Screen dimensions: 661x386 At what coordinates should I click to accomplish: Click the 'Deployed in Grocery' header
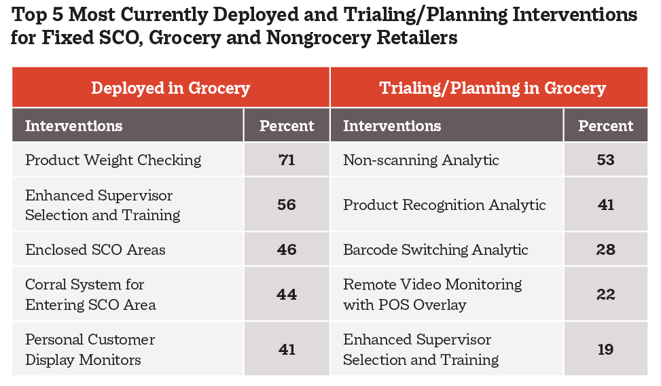[x=171, y=88]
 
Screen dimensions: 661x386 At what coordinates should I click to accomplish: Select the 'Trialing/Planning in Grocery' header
[x=493, y=88]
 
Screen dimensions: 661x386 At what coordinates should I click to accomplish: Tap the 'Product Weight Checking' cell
[x=113, y=160]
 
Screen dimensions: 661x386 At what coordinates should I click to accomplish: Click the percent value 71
[x=287, y=160]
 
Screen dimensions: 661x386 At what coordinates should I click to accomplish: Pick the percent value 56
[x=287, y=205]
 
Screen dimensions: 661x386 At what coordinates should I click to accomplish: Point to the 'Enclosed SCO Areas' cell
[x=95, y=249]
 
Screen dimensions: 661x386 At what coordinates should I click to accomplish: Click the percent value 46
[x=287, y=249]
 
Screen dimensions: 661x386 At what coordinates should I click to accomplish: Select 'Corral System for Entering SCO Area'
[x=90, y=294]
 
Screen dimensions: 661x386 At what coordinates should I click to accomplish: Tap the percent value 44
[x=287, y=294]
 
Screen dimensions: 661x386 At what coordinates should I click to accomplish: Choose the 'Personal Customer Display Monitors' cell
[x=90, y=350]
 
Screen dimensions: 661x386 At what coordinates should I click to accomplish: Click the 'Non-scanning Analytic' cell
[x=421, y=160]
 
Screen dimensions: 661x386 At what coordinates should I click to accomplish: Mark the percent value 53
[x=606, y=160]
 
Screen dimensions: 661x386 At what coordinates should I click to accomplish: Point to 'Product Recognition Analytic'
[x=444, y=205]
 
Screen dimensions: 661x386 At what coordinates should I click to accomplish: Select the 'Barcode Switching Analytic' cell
[x=435, y=249]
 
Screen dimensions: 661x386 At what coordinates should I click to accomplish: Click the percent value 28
[x=606, y=249]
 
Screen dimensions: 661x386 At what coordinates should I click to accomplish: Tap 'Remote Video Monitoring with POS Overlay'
[x=433, y=294]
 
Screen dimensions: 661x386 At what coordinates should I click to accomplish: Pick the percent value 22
[x=606, y=294]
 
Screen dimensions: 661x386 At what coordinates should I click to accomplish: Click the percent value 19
[x=606, y=350]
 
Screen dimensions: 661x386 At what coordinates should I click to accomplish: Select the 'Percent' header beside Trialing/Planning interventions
[x=606, y=126]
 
